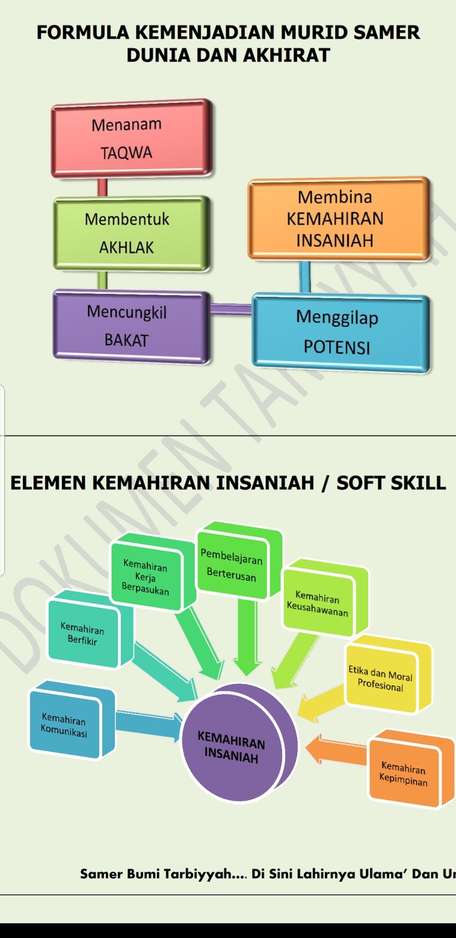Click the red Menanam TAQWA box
click(130, 139)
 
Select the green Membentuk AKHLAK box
click(129, 233)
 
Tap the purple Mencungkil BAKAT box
click(129, 325)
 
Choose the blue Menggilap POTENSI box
click(339, 332)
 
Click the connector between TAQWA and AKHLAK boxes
click(103, 188)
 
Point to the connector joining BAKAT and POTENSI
click(231, 309)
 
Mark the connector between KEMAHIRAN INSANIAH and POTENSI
click(305, 277)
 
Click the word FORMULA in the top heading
click(83, 32)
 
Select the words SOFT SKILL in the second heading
click(391, 483)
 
